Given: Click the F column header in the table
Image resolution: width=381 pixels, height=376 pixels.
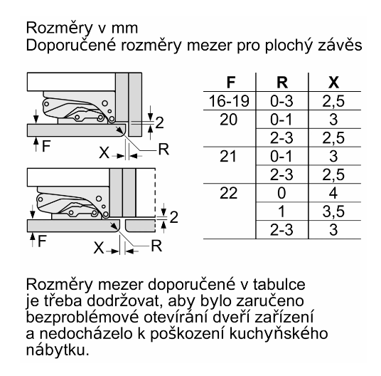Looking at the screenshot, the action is pos(230,83).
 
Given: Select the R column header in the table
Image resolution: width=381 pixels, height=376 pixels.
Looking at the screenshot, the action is pos(282,83).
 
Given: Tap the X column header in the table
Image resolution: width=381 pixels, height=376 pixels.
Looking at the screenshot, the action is pos(333,83).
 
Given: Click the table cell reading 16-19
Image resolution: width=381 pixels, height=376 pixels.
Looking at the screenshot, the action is pos(229,101).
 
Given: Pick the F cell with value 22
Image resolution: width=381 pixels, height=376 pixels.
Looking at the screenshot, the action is pos(228,193).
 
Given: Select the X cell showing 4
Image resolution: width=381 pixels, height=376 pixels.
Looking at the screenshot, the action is pos(333,193).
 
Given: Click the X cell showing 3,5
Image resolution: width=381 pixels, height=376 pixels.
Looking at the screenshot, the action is pos(333,211).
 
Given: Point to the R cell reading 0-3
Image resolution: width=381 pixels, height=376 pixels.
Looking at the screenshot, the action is pos(281,101).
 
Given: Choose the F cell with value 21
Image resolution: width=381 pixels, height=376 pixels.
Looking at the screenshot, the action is pos(228,156).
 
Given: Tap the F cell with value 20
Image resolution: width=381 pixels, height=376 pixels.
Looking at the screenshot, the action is pos(228,120).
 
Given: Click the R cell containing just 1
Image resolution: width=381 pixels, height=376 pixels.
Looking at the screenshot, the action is pos(281,211).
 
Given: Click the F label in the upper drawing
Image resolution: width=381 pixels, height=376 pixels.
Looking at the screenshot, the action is pos(46,146).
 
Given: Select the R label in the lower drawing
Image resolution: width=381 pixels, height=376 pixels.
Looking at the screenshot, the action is pos(156,246).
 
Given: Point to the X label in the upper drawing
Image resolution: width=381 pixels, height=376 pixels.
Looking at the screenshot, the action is pos(104,153).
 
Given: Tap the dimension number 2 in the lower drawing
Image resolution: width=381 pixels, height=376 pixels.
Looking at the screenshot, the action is pos(173,217).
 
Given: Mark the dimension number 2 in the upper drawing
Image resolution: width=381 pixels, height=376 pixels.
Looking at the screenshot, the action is pos(159,122).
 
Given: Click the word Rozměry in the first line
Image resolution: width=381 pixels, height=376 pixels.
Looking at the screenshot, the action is pos(58,28).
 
